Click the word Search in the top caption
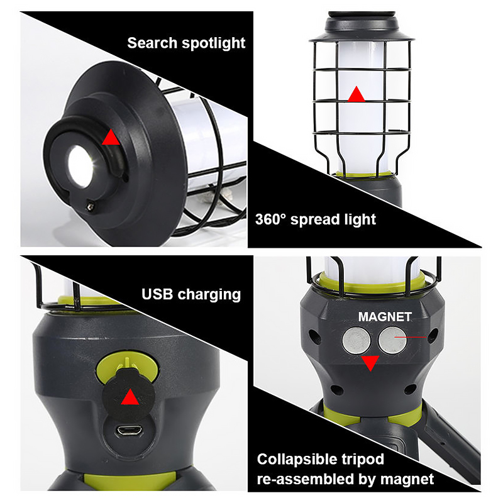152,43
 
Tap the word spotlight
213,43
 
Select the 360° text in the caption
270,219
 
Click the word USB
157,294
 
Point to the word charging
209,295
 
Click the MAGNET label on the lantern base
385,317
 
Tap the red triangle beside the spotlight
111,137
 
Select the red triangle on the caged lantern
356,94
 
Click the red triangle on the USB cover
130,397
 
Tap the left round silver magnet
357,341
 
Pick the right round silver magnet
392,341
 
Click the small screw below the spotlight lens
91,206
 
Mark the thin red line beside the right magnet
411,337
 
